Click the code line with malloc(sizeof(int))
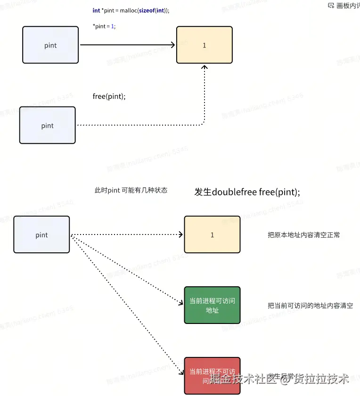[131, 11]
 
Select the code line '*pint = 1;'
[104, 26]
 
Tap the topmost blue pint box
[50, 45]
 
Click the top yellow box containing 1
[204, 45]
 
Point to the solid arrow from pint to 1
[127, 45]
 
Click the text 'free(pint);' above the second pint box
[109, 97]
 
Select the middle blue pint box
[47, 125]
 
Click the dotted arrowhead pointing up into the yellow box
[205, 67]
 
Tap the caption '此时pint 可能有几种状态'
[131, 190]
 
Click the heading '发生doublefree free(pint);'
[247, 192]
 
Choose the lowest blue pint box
[41, 235]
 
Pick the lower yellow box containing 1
[212, 234]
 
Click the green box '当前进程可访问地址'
[212, 305]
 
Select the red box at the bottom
[212, 375]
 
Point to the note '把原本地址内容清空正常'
[303, 235]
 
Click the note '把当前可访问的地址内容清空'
[310, 306]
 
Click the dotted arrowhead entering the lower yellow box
[180, 234]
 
